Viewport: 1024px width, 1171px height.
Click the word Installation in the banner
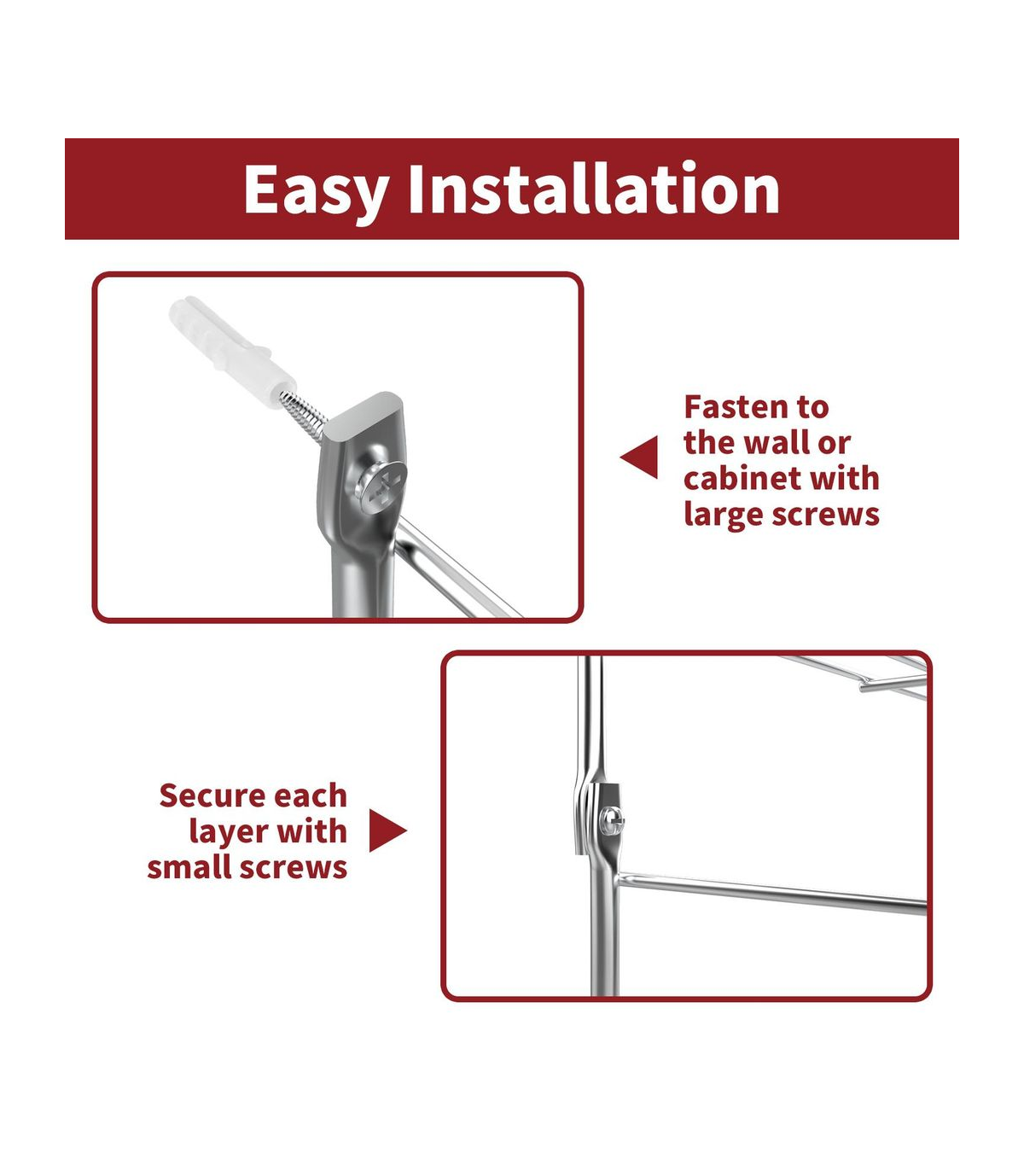point(594,187)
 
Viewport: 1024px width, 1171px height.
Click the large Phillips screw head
point(381,484)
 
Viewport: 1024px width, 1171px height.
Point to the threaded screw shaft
point(303,416)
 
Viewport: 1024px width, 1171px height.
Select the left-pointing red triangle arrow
point(639,457)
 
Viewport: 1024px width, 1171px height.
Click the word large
point(723,516)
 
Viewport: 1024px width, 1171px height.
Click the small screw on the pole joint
point(612,822)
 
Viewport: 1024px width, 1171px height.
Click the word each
point(313,796)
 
